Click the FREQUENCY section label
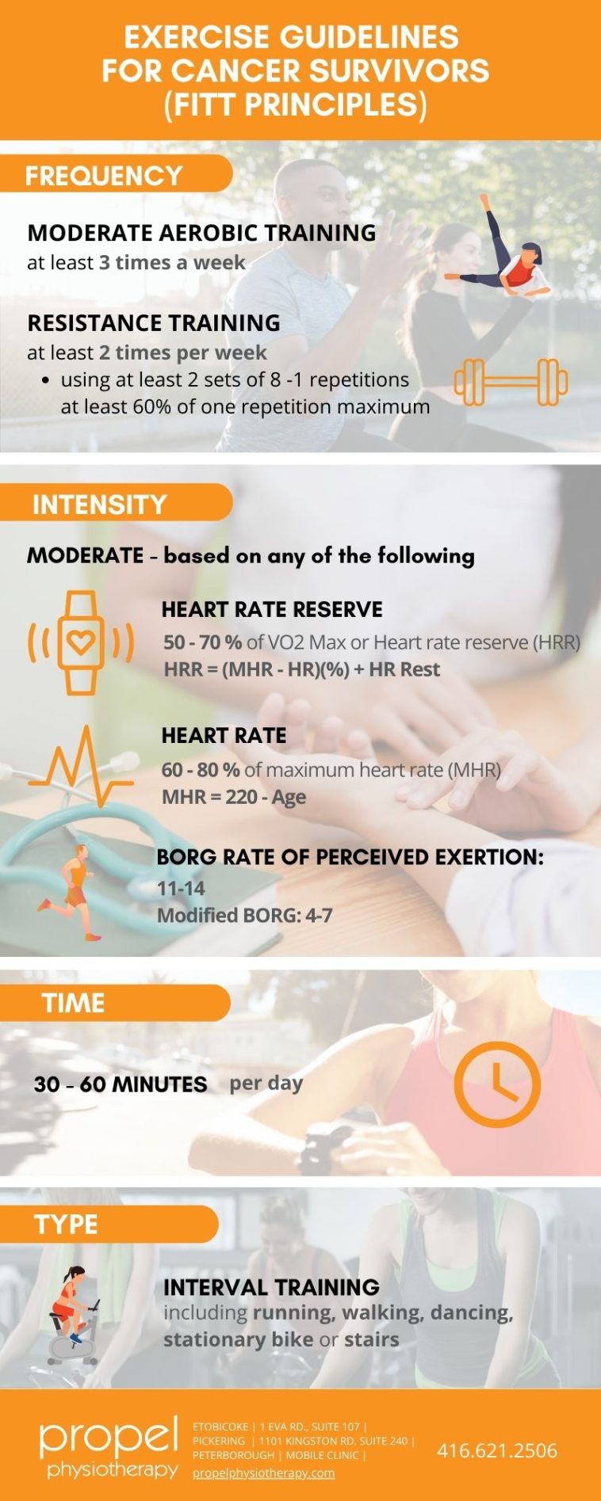point(104,175)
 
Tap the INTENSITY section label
point(99,504)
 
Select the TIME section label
point(74,1003)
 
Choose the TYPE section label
point(66,1224)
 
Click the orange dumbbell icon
point(511,382)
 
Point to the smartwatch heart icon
point(80,642)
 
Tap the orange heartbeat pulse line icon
point(80,767)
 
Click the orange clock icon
point(497,1084)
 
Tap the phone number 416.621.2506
point(497,1450)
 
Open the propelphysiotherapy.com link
point(263,1473)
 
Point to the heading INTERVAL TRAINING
point(271,1287)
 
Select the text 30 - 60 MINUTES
point(121,1084)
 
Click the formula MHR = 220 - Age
point(234,797)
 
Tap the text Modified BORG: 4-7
point(244,916)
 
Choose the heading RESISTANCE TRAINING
point(154,323)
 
